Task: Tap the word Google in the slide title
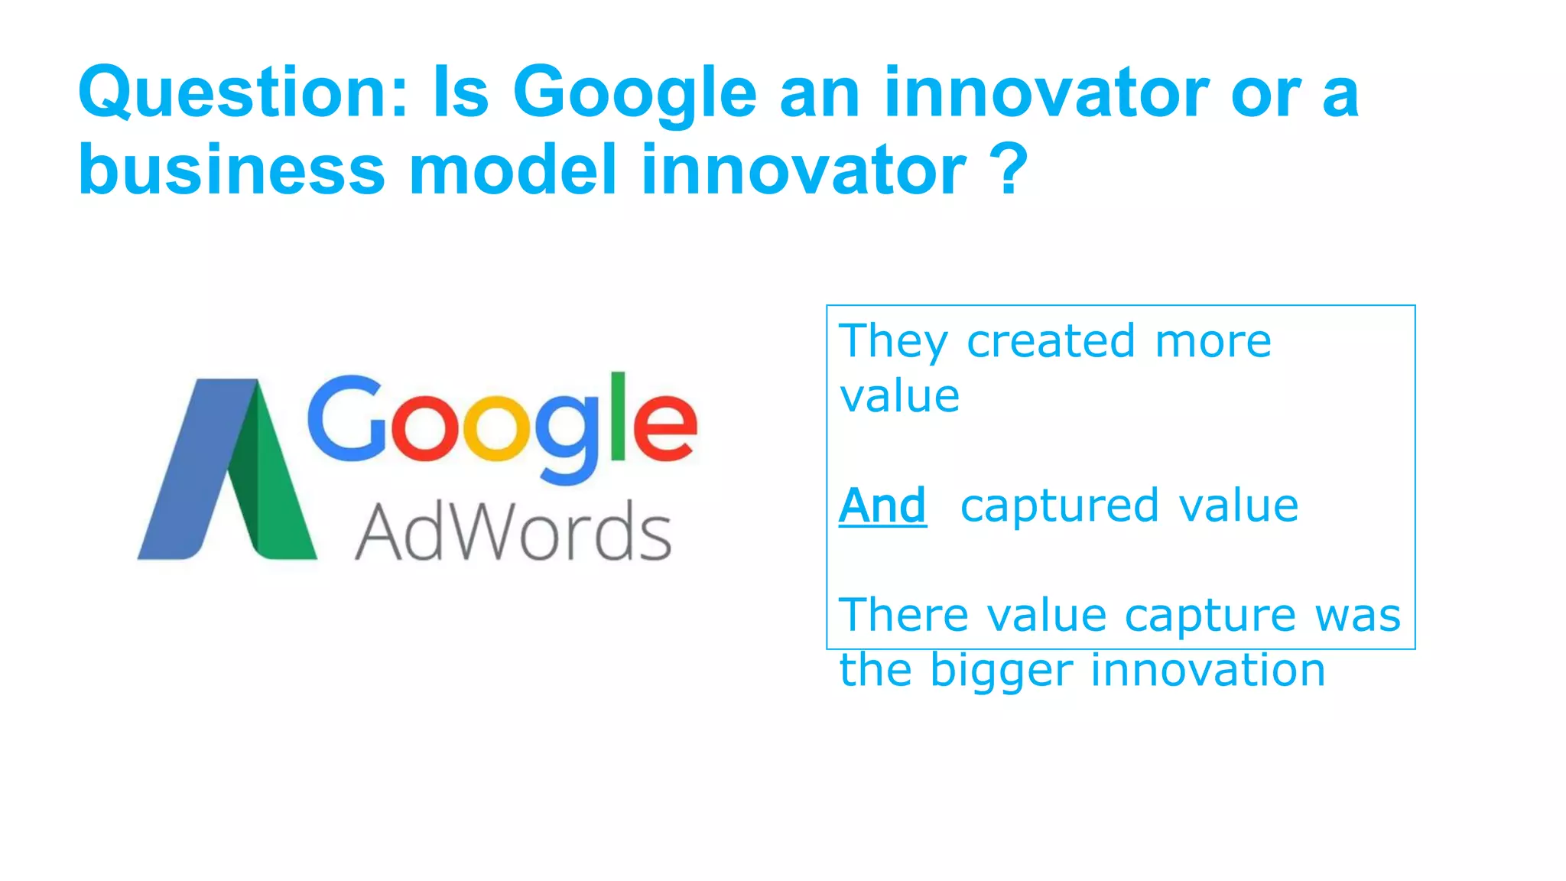point(634,93)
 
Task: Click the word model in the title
point(512,170)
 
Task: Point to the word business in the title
point(232,170)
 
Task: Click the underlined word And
point(882,506)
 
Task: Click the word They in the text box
point(893,341)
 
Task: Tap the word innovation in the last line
point(1207,670)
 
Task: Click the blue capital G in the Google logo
point(348,419)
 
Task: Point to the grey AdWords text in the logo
point(513,532)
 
